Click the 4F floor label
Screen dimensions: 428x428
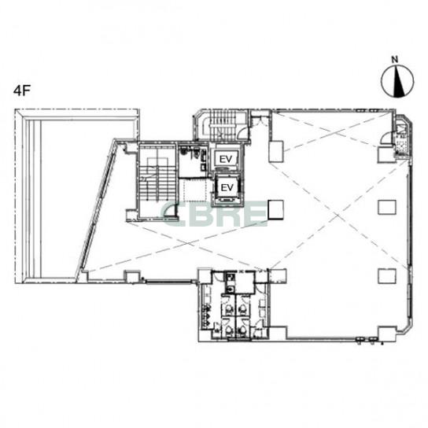pyautogui.click(x=21, y=91)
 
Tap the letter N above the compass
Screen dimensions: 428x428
pyautogui.click(x=394, y=59)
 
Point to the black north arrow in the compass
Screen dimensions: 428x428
pyautogui.click(x=399, y=81)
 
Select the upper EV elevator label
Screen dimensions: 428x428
pyautogui.click(x=226, y=159)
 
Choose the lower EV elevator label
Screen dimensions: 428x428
pyautogui.click(x=227, y=187)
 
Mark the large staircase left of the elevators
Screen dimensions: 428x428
pyautogui.click(x=157, y=180)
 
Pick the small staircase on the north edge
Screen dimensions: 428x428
pyautogui.click(x=220, y=125)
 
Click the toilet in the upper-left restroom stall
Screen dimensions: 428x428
pyautogui.click(x=229, y=309)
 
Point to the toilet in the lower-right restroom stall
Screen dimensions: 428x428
pyautogui.click(x=242, y=330)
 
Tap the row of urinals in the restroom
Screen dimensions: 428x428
pyautogui.click(x=206, y=316)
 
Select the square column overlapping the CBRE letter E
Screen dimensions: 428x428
pyautogui.click(x=275, y=209)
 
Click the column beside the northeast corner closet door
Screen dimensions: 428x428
pyautogui.click(x=386, y=154)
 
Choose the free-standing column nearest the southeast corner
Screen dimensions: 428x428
pyautogui.click(x=387, y=275)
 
